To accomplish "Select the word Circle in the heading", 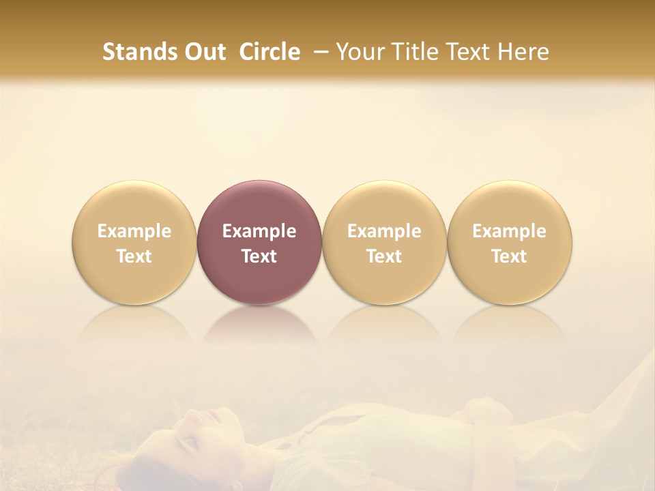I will (x=270, y=52).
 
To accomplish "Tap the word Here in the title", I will (x=525, y=52).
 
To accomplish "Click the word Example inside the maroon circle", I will (x=259, y=231).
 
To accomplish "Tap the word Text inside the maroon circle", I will (x=259, y=256).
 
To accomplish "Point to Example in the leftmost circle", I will (x=134, y=231).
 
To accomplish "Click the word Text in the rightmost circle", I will (x=509, y=256).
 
